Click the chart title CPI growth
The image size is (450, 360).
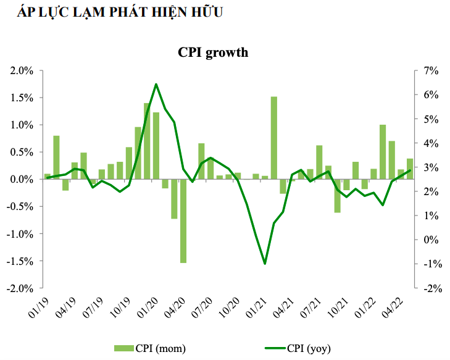213,52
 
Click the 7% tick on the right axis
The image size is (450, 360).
430,70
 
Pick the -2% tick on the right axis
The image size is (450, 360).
428,288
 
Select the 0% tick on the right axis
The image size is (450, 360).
430,240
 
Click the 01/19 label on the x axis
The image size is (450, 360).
38,304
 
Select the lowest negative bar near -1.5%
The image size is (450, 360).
183,220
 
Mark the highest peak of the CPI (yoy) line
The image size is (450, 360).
156,84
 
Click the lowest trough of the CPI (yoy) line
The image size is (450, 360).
265,264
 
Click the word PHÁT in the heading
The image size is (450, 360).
113,12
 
